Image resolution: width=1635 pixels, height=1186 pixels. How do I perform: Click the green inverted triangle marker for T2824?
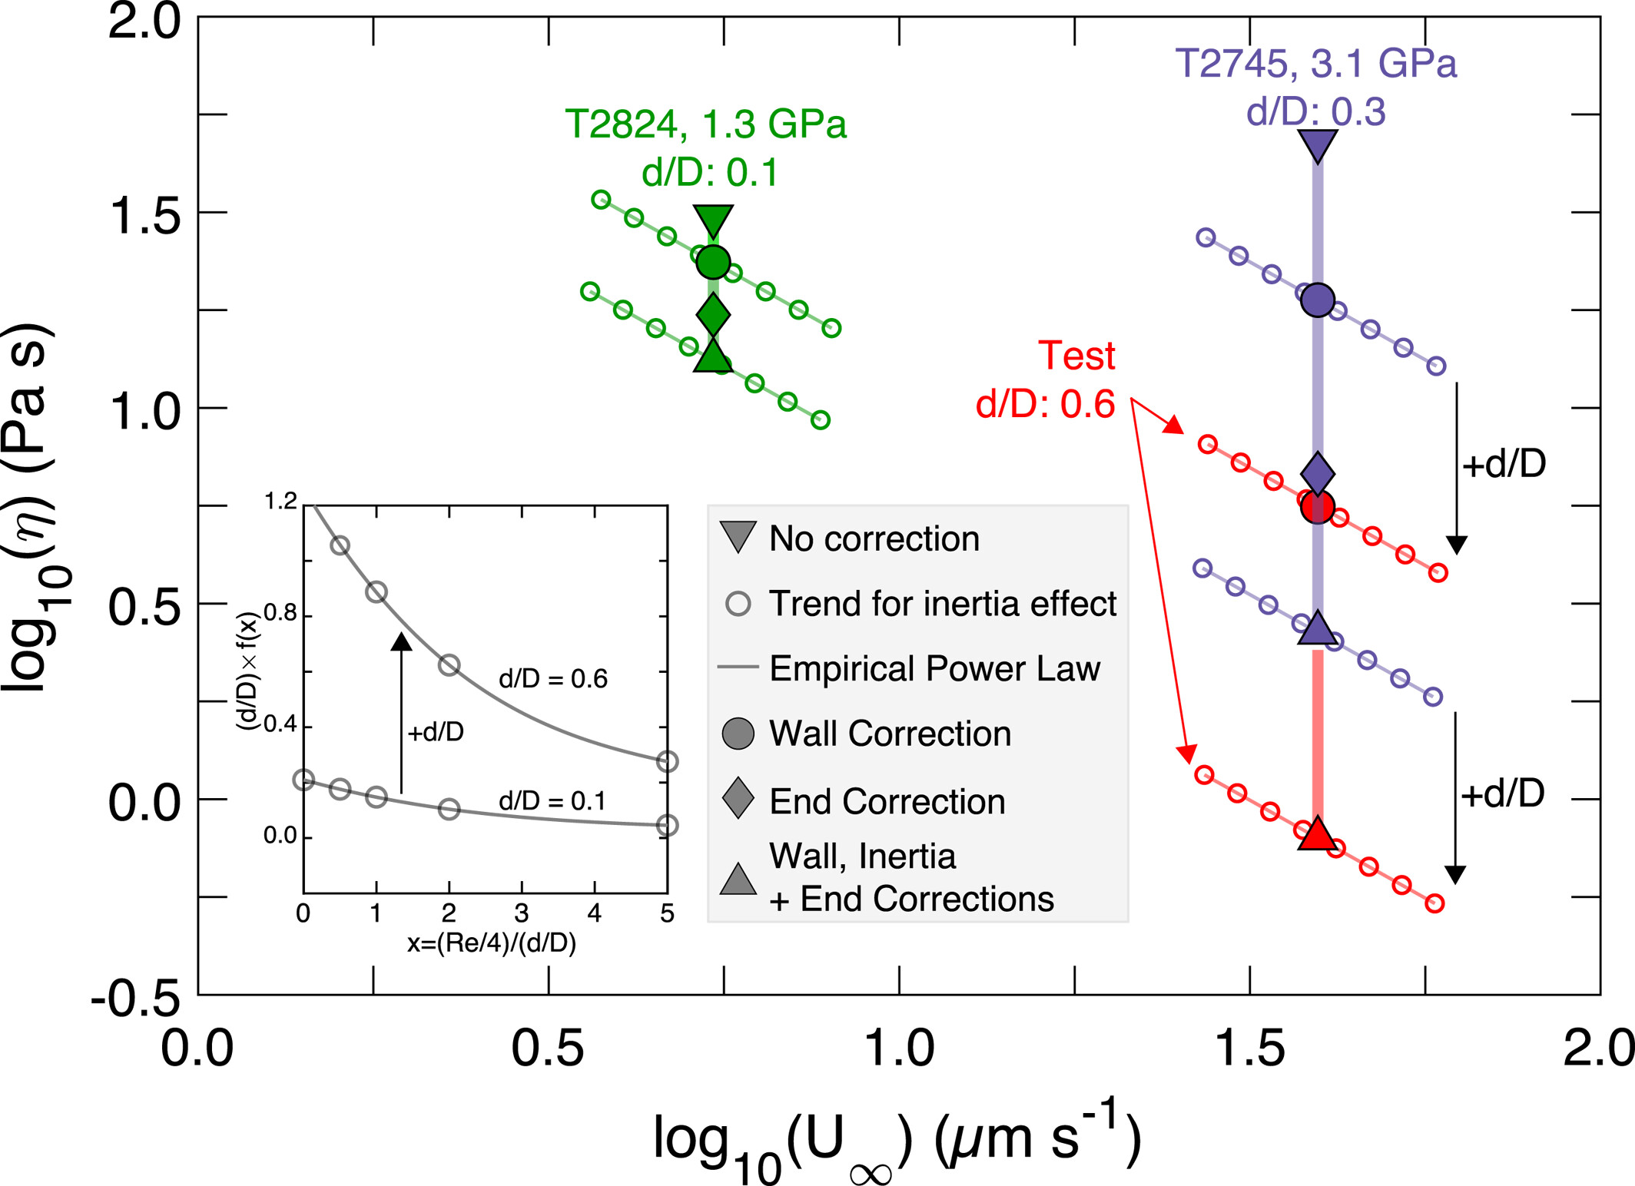[x=713, y=220]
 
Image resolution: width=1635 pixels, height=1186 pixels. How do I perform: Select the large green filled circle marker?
[x=713, y=263]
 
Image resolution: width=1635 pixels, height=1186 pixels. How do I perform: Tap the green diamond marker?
[x=713, y=314]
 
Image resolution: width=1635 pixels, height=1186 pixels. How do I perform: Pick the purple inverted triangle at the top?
[x=1318, y=144]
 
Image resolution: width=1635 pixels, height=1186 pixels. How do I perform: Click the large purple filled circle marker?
[x=1318, y=300]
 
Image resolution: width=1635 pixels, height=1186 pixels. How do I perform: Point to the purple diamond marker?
[x=1318, y=473]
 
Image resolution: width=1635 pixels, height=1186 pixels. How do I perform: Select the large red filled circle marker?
[x=1318, y=507]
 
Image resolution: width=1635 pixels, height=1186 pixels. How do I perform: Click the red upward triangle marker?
[x=1318, y=833]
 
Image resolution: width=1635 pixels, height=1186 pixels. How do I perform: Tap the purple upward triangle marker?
[x=1318, y=628]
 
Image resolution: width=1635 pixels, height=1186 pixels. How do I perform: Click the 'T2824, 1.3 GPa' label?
[x=705, y=124]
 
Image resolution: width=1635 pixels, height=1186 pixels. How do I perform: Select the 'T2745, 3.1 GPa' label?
[x=1315, y=63]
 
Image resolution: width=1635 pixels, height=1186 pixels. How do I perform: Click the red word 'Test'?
[x=1076, y=356]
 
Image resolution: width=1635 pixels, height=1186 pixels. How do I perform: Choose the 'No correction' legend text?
[x=874, y=538]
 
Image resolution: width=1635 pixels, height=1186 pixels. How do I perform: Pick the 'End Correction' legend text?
[x=887, y=801]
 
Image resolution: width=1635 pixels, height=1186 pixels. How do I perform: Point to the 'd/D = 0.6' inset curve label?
[x=553, y=679]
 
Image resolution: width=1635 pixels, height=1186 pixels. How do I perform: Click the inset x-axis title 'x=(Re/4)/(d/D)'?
[x=492, y=943]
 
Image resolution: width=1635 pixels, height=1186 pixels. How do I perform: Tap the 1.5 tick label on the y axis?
[x=144, y=216]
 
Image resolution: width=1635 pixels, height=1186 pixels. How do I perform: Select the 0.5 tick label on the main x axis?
[x=548, y=1048]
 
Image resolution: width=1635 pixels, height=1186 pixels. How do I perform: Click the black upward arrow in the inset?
[x=401, y=713]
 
